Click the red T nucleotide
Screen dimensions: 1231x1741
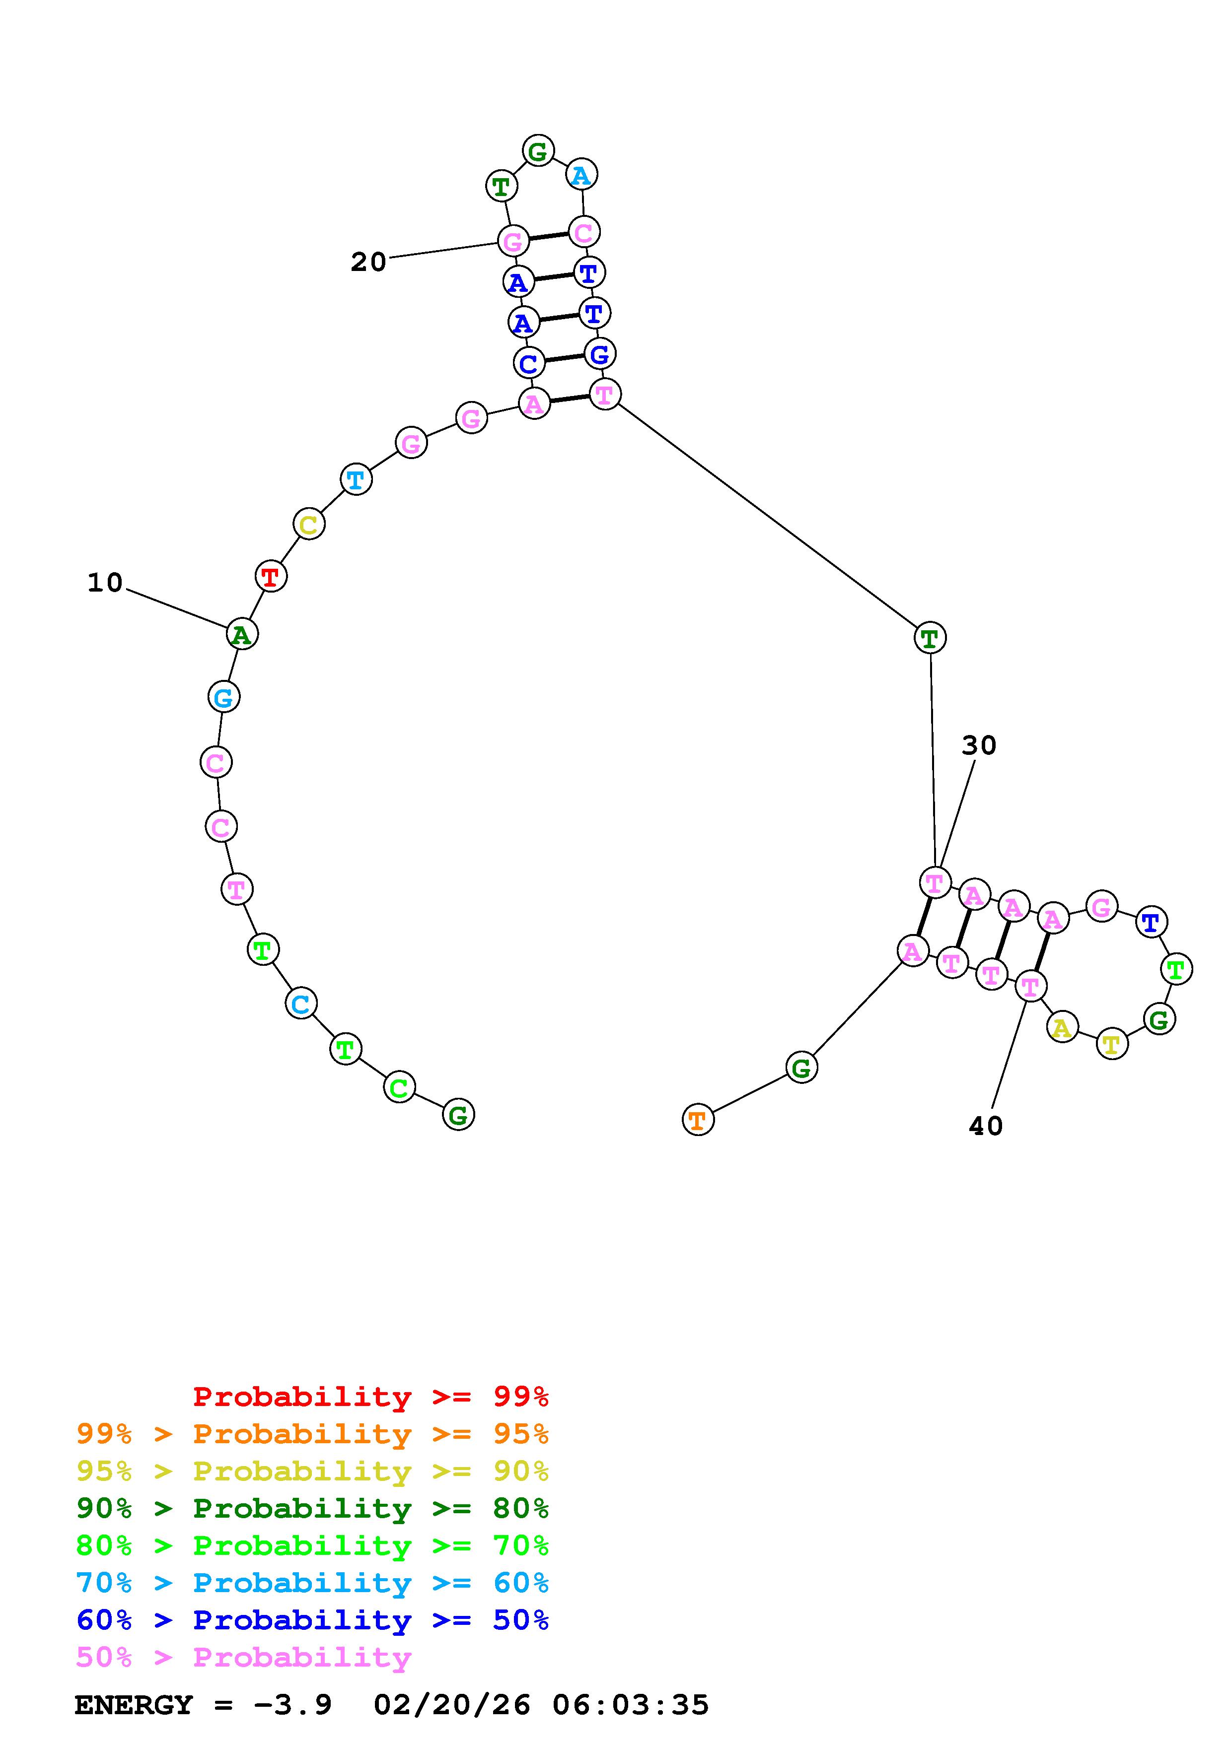[271, 576]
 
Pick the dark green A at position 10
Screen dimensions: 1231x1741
[242, 634]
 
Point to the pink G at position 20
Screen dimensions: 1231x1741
[513, 241]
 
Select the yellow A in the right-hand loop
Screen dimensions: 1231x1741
[1062, 1028]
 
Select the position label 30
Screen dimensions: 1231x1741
[978, 746]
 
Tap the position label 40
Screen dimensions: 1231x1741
[986, 1127]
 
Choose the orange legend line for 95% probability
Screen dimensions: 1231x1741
[312, 1434]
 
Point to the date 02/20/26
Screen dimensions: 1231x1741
[452, 1705]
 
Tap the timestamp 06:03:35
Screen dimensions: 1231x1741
[630, 1705]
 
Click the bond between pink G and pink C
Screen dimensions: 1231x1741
[548, 237]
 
